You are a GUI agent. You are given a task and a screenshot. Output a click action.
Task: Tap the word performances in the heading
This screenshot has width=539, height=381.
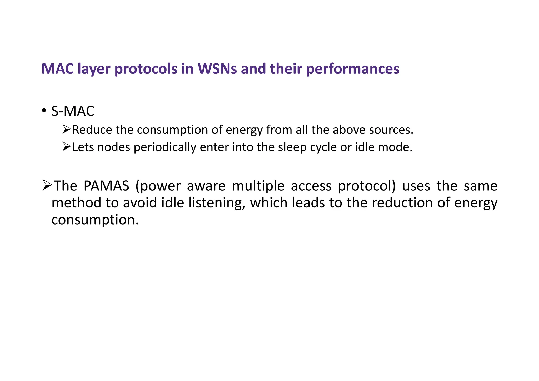point(353,69)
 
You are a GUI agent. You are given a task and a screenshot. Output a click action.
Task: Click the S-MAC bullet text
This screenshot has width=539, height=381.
point(73,111)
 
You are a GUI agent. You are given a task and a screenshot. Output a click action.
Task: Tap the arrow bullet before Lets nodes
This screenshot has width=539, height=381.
point(67,147)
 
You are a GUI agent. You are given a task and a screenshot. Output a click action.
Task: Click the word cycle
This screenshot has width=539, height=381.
point(323,147)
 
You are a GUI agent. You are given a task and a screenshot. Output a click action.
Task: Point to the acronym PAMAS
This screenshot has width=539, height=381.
point(106,186)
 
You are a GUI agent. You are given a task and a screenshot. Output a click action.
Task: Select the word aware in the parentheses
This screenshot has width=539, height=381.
point(206,186)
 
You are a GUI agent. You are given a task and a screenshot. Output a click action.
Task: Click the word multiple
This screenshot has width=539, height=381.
point(258,186)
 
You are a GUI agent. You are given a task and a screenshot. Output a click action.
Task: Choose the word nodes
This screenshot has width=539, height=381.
point(114,147)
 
